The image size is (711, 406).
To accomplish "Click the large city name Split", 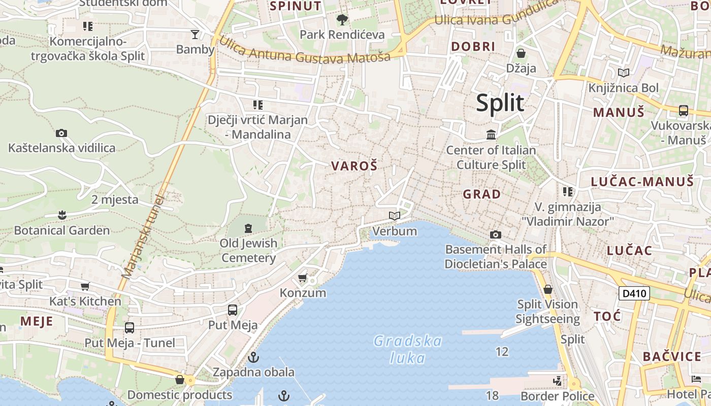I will point(500,103).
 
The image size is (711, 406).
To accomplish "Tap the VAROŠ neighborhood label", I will point(354,166).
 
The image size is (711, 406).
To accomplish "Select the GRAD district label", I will point(481,194).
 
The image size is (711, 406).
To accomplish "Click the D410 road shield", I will point(634,293).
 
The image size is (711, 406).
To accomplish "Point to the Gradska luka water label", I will point(407,349).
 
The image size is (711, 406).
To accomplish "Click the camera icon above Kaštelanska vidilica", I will point(61,133).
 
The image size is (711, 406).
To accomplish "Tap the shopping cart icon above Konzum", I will point(303,278).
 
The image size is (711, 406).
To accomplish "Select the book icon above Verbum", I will point(395,216).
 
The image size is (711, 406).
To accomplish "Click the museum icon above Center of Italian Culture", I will point(491,135).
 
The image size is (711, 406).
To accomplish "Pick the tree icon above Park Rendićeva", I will point(342,20).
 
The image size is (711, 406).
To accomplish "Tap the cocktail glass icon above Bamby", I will point(195,35).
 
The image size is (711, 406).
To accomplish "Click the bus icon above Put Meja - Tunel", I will point(130,328).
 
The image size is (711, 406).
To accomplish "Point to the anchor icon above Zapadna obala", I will point(253,357).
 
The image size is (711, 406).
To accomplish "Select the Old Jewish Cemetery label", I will point(248,250).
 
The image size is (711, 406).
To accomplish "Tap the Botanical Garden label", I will point(61,230).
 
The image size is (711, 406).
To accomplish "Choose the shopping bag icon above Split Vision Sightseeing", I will point(547,290).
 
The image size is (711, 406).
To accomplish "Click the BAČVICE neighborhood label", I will point(672,356).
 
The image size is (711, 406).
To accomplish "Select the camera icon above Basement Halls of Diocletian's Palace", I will point(495,234).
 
